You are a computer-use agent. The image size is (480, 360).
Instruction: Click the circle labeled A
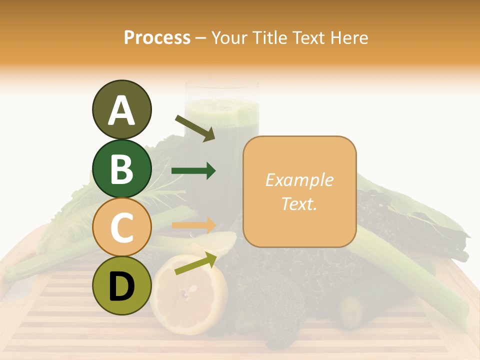(121, 110)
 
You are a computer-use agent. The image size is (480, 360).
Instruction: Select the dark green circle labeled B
(121, 168)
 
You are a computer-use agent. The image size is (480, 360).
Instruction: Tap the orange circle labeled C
(121, 227)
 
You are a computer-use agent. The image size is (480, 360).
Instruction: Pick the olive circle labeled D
(121, 286)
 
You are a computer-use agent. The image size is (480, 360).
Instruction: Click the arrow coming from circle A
(195, 128)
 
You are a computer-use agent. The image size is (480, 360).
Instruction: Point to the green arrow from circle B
(193, 171)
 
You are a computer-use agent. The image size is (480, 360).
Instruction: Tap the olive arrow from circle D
(195, 263)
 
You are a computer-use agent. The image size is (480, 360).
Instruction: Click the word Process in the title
(157, 38)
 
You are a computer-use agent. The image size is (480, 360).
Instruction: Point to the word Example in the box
(299, 180)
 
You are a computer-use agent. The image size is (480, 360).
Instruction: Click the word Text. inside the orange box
(299, 203)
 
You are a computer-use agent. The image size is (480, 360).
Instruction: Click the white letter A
(121, 110)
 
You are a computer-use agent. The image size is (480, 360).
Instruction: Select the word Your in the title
(229, 38)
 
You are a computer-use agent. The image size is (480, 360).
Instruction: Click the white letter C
(121, 227)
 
